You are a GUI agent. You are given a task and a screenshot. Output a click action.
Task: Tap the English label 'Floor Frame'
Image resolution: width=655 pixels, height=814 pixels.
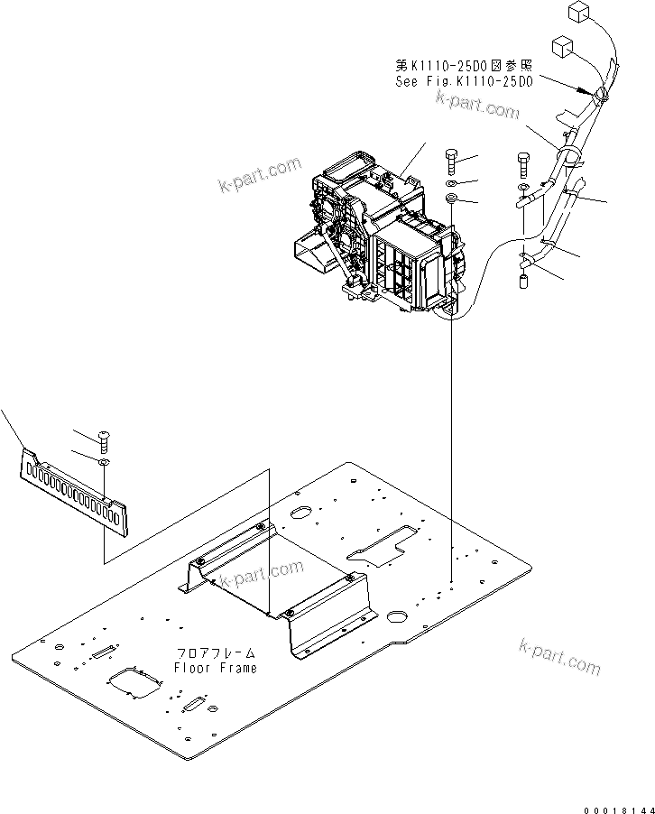coord(216,668)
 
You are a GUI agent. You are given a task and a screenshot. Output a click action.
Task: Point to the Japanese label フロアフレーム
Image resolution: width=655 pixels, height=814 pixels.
coord(216,652)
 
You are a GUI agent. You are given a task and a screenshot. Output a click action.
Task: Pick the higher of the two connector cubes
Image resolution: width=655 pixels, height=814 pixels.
coord(579,12)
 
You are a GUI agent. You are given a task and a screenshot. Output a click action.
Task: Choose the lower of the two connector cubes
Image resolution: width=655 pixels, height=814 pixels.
coord(560,46)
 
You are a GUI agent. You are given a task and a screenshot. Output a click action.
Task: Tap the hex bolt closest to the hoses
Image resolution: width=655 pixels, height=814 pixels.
coord(525,166)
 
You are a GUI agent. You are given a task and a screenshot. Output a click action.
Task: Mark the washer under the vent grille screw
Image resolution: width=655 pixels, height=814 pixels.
coord(105,462)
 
